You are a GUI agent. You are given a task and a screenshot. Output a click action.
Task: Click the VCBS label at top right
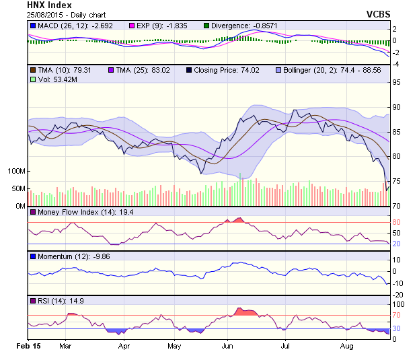point(379,13)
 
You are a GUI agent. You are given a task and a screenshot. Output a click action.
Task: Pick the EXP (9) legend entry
point(160,26)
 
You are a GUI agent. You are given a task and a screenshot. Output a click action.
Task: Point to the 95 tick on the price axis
point(397,83)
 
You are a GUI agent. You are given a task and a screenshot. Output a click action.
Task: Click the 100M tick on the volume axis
point(16,171)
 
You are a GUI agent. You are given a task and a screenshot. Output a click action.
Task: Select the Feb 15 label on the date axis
point(29,346)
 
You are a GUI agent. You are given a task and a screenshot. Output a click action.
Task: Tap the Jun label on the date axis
point(227,346)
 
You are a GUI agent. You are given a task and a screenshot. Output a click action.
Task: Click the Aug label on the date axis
point(347,346)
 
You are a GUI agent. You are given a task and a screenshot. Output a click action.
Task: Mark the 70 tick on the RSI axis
point(397,315)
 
